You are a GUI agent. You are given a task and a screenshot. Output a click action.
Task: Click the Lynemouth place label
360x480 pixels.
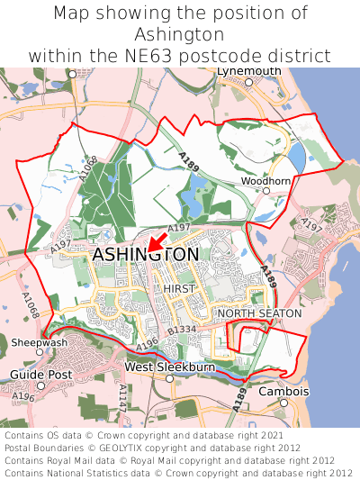248,71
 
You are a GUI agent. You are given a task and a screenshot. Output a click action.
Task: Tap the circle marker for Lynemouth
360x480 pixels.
248,82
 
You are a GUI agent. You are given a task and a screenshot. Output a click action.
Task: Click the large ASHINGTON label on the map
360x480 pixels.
146,256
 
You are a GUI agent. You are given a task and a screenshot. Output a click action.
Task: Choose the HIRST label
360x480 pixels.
180,288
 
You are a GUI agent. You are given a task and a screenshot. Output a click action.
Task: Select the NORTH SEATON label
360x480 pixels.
255,313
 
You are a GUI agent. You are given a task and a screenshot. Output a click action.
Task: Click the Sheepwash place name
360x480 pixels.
39,343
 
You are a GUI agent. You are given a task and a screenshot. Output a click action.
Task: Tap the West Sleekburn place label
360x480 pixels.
169,367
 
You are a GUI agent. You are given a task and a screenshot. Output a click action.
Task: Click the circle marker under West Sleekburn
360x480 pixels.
169,378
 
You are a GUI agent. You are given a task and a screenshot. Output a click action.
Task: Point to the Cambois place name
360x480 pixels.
283,392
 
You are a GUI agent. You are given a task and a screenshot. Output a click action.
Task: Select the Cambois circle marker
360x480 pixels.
283,403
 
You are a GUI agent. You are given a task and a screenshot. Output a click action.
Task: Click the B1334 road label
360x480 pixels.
183,331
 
